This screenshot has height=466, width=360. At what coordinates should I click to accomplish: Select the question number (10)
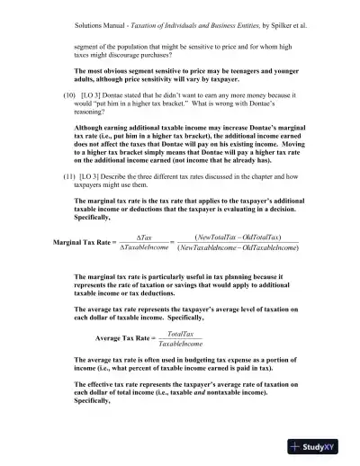click(63, 93)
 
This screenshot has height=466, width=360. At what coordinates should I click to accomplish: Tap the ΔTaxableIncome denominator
click(156, 249)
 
